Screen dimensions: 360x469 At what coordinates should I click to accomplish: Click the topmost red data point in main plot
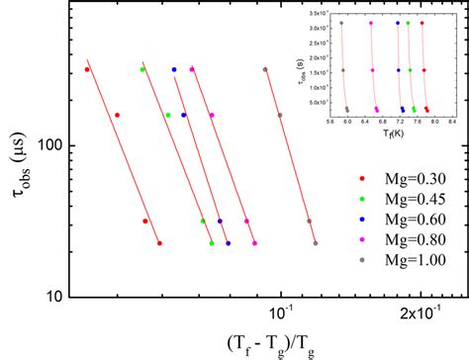pyautogui.click(x=87, y=69)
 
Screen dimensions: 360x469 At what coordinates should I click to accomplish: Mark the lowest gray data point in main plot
pyautogui.click(x=316, y=243)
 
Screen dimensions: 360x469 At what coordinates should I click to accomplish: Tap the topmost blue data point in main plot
pyautogui.click(x=174, y=69)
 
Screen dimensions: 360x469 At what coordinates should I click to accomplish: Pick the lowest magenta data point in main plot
pyautogui.click(x=254, y=243)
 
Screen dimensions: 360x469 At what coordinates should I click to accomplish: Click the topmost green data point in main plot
pyautogui.click(x=142, y=69)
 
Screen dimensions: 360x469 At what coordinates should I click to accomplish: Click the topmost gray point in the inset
pyautogui.click(x=342, y=22)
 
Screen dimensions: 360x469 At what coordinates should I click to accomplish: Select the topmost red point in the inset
pyautogui.click(x=422, y=22)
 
